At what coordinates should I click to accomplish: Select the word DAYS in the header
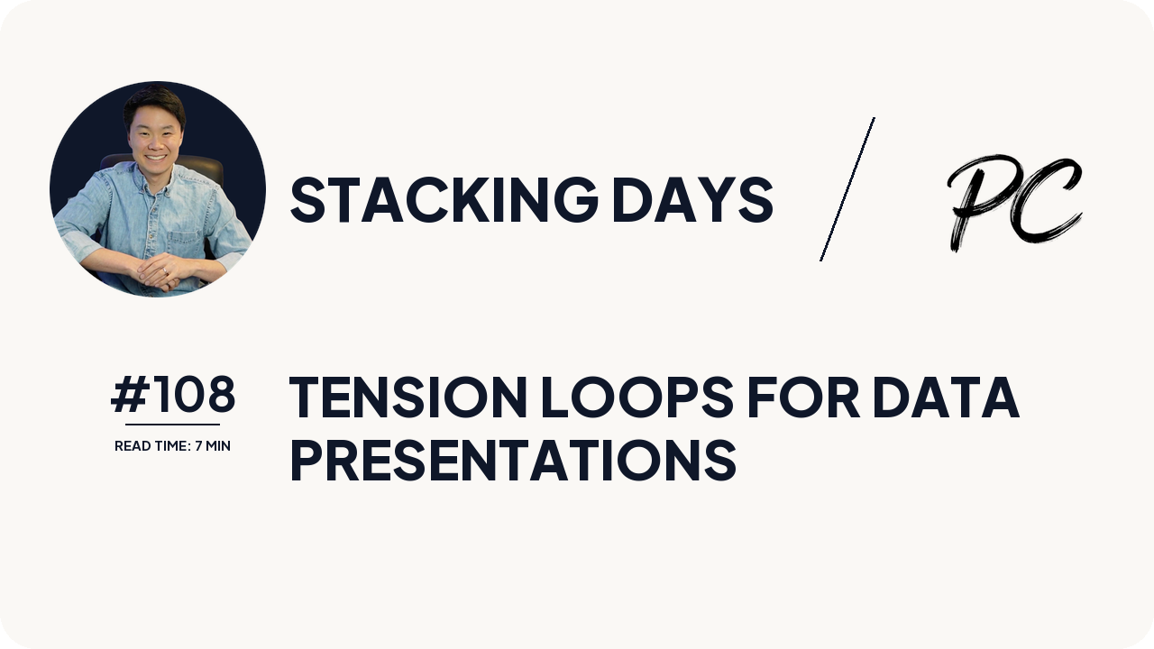(x=691, y=199)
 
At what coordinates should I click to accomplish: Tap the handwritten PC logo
(x=1013, y=202)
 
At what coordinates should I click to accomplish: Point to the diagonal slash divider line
(x=847, y=189)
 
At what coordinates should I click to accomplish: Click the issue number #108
(x=173, y=395)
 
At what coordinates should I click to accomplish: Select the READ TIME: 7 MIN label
(x=172, y=446)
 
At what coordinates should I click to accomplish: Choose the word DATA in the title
(x=946, y=398)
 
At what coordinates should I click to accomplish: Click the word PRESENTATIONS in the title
(x=512, y=461)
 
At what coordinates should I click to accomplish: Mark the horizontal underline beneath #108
(x=172, y=424)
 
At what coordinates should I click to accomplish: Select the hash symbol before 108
(x=129, y=395)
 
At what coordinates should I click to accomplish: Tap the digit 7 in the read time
(x=197, y=446)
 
